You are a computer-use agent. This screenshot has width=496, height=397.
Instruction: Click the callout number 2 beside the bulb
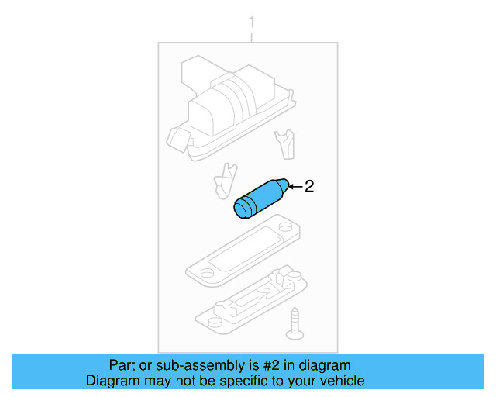[x=309, y=186]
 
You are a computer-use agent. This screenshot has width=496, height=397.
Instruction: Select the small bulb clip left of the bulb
[x=223, y=181]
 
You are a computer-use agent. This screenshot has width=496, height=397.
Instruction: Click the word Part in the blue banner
[x=123, y=365]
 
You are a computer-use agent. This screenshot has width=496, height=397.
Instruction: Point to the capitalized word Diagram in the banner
[x=110, y=381]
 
